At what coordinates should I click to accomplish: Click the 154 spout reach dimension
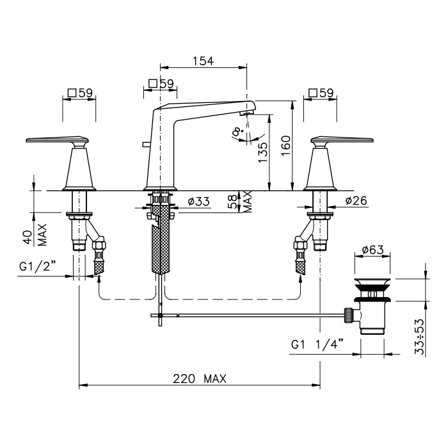coord(203,61)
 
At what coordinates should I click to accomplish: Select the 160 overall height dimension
coord(285,146)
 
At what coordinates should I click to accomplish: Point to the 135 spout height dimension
coord(263,152)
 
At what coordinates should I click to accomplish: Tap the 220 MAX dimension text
coord(200,379)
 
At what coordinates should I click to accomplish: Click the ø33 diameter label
coord(199,202)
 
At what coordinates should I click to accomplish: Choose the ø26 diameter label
coord(356,200)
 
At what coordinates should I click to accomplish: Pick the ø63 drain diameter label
coord(372,250)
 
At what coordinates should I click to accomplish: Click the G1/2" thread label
coord(37,267)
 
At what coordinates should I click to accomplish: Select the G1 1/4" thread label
coord(317,344)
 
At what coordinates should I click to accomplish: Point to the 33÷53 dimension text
coord(419,337)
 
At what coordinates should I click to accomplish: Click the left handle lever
coord(57,140)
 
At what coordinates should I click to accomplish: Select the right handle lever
coord(342,140)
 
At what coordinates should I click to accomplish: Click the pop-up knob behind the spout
coord(145,145)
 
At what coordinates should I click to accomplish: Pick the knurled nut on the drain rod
coord(348,315)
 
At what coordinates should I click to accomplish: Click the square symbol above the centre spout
coord(153,83)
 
